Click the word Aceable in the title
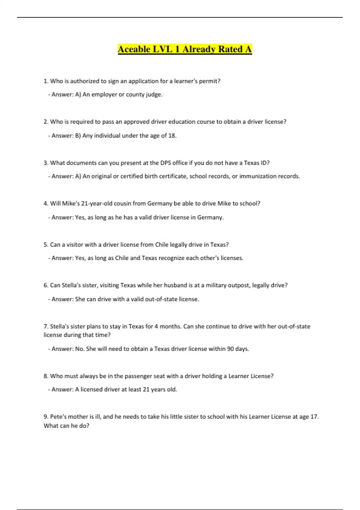click(134, 49)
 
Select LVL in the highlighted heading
click(163, 49)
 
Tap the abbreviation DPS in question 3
click(166, 163)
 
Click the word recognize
click(171, 258)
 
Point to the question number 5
click(46, 245)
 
